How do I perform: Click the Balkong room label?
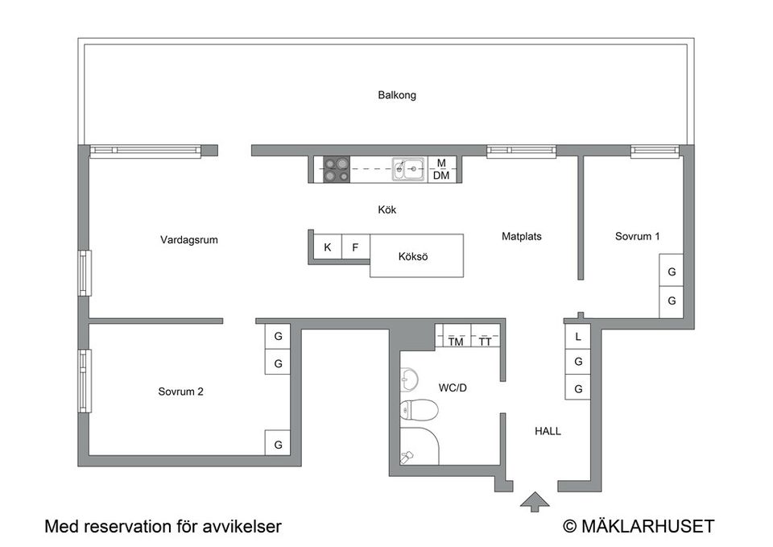tap(397, 95)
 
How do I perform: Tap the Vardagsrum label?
tap(189, 239)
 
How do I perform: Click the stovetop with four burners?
tap(337, 169)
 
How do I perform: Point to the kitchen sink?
tap(409, 169)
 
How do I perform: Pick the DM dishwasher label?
tap(441, 176)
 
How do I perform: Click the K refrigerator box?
tap(327, 247)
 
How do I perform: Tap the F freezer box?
tap(355, 247)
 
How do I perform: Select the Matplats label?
tap(522, 237)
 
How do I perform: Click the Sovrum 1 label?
tap(638, 237)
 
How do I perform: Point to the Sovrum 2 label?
tap(180, 392)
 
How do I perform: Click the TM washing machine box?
tap(456, 342)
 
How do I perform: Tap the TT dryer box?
tap(485, 342)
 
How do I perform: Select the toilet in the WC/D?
tap(420, 411)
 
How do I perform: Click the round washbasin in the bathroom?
tap(409, 378)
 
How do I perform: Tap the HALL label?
tap(548, 431)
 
